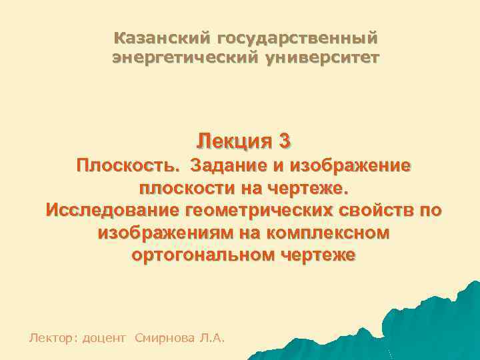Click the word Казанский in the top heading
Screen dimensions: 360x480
click(157, 38)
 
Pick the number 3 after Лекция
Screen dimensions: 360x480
click(285, 141)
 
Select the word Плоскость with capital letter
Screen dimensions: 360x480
click(127, 165)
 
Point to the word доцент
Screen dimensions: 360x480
click(105, 339)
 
